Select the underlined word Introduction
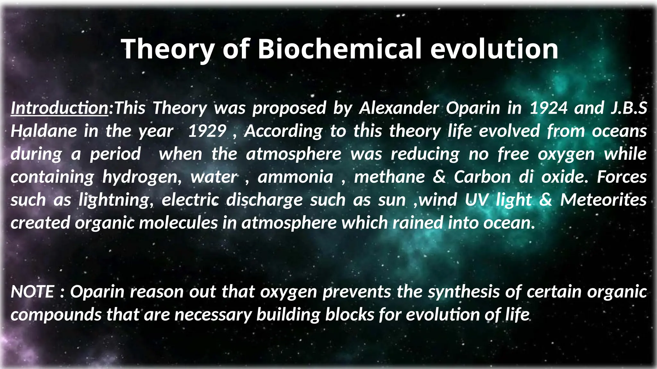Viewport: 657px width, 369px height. [60, 108]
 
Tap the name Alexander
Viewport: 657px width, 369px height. [399, 108]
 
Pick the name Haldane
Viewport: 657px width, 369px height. [44, 131]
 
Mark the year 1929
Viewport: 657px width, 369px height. [207, 131]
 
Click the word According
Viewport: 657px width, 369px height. [283, 131]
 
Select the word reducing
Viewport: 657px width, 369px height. [425, 154]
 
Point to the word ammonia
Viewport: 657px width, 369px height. [295, 177]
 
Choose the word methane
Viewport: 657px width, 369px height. [389, 177]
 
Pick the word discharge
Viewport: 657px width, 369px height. [264, 200]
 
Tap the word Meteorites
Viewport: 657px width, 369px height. [603, 200]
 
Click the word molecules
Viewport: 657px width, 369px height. [178, 223]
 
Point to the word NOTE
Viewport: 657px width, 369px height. [32, 292]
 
